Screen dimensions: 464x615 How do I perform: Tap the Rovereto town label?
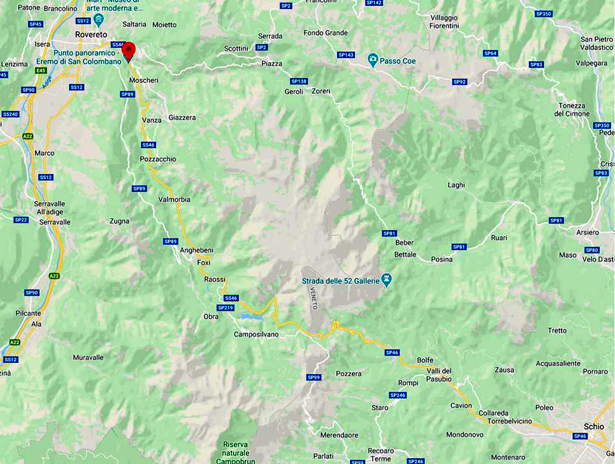[x=91, y=34]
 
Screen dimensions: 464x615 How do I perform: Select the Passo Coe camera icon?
[x=372, y=60]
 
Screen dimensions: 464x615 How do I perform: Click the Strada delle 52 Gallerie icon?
[x=386, y=280]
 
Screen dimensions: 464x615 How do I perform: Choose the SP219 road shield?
[x=225, y=308]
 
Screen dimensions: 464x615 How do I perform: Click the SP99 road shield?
[x=314, y=377]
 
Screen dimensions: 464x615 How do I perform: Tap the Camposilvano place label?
[x=256, y=335]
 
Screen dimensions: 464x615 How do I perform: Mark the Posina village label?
[x=441, y=259]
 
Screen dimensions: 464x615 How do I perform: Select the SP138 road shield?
[x=298, y=81]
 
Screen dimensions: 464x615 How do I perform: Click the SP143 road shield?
[x=346, y=55]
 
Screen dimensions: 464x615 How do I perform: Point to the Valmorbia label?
[x=174, y=200]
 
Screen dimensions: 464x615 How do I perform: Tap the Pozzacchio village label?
[x=158, y=159]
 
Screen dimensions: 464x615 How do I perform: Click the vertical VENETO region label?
[x=313, y=298]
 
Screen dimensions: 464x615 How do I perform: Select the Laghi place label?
[x=456, y=185]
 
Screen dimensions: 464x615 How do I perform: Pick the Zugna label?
[x=119, y=221]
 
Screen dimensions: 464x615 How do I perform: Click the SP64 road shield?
[x=490, y=53]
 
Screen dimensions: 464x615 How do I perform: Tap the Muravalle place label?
[x=88, y=357]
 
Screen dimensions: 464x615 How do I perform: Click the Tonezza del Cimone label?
[x=572, y=110]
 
